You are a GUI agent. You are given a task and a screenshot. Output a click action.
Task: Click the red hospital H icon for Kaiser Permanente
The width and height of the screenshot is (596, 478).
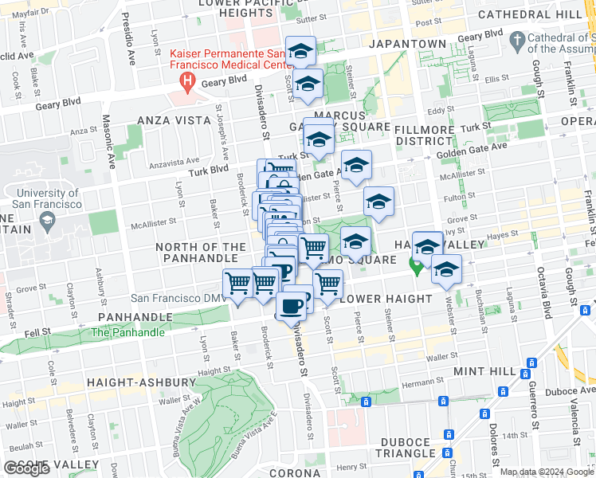[x=187, y=80]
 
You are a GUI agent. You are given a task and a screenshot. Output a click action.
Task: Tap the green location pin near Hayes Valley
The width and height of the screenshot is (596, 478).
[x=415, y=266]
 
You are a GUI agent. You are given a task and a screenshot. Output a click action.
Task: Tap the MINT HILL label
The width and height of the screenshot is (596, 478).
[x=484, y=371]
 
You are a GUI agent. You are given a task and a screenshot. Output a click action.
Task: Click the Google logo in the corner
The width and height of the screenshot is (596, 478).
[x=26, y=468]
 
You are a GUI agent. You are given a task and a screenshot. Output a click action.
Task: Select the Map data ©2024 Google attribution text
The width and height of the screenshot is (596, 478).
[x=546, y=472]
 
